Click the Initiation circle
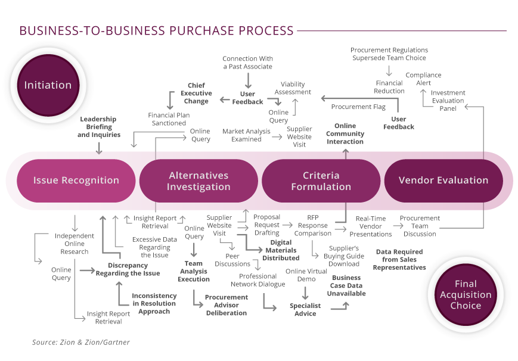coord(48,85)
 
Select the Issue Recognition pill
coord(76,181)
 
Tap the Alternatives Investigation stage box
coord(198,181)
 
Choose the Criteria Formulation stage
coord(321,181)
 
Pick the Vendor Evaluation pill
coord(443,181)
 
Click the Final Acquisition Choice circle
coord(466,295)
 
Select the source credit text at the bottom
coord(80,343)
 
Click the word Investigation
coord(198,186)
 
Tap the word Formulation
coord(321,186)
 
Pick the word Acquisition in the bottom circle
coord(466,295)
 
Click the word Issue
coord(45,181)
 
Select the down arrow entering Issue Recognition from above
coord(99,149)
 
